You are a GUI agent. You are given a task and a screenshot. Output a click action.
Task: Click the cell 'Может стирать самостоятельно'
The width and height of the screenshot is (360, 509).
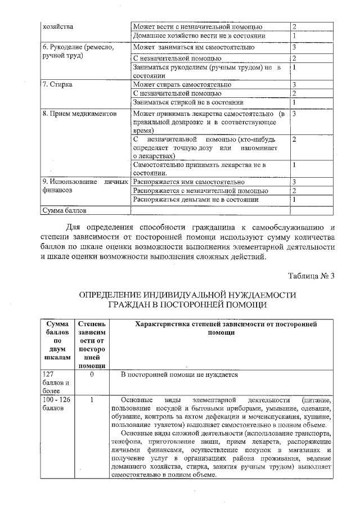pyautogui.click(x=182, y=84)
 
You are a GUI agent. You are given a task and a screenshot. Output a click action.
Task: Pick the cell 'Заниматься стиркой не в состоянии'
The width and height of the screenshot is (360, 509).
pyautogui.click(x=188, y=102)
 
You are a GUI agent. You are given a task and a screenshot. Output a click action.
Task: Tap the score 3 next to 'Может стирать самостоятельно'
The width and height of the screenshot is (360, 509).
pyautogui.click(x=294, y=84)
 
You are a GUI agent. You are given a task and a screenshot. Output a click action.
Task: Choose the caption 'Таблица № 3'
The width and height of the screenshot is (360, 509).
pyautogui.click(x=311, y=276)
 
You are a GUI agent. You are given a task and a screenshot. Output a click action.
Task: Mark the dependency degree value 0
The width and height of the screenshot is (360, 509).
pyautogui.click(x=91, y=374)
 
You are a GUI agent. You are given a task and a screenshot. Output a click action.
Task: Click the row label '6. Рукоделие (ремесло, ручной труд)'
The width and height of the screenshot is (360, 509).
pyautogui.click(x=78, y=52)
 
